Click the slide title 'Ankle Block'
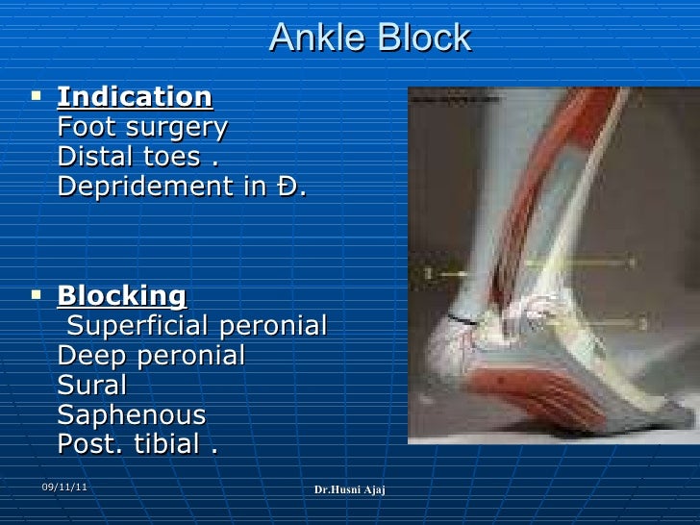[370, 37]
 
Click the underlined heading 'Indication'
[135, 97]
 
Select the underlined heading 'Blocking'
[122, 295]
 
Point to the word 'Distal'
[92, 157]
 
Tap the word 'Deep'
[87, 357]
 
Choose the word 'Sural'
[92, 386]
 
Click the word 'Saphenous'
[132, 416]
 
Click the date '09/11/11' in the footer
[63, 488]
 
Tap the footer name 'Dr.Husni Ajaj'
[349, 491]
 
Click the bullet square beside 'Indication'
[37, 96]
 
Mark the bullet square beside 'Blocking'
[37, 294]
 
